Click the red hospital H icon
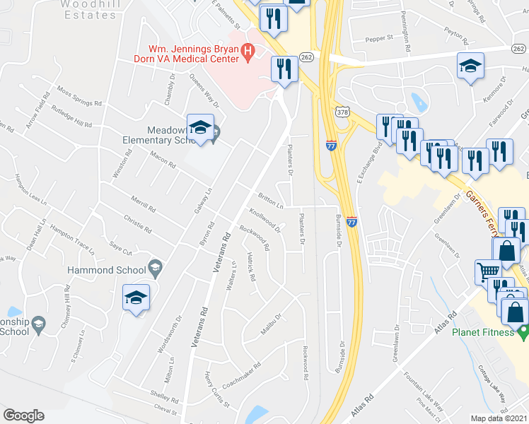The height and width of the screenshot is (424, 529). click(248, 50)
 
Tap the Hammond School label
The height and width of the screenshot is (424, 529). click(105, 270)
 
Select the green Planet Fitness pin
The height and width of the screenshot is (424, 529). click(523, 331)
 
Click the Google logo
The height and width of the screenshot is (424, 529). click(24, 416)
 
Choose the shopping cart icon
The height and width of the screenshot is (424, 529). click(488, 271)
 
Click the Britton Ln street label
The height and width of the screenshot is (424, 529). click(270, 202)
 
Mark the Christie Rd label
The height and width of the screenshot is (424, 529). click(137, 224)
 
